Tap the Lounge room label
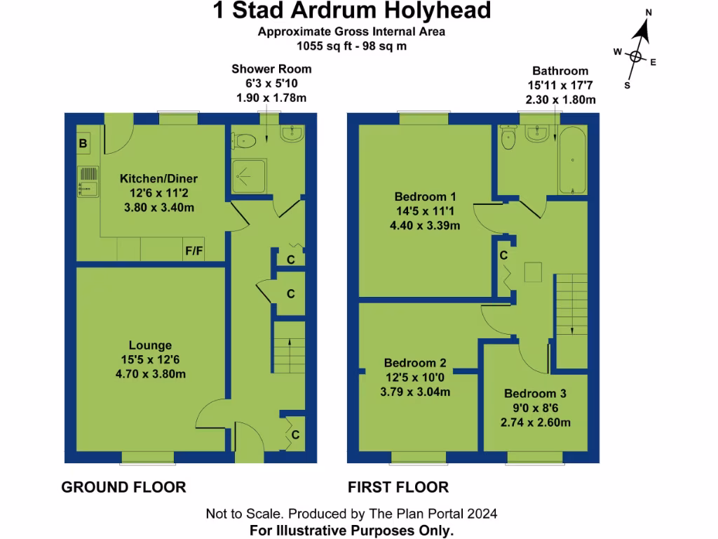coord(150,345)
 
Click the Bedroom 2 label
coord(415,363)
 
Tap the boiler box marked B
coord(83,145)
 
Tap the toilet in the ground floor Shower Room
coord(244,140)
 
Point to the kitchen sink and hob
coord(86,180)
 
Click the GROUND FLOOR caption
coord(123,487)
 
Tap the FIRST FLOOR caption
coord(398,487)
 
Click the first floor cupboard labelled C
coord(503,256)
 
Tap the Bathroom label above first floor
coord(560,71)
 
